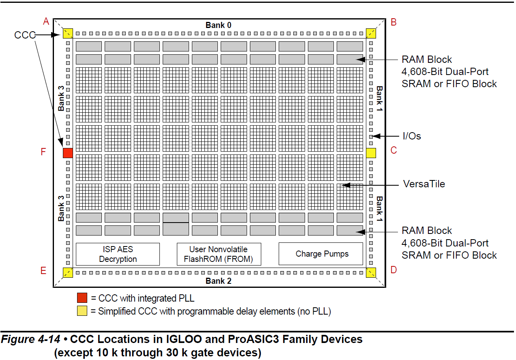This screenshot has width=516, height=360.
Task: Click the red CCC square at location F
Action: (68, 153)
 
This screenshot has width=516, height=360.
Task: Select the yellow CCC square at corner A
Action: (68, 33)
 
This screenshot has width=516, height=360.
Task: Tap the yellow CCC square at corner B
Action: (371, 33)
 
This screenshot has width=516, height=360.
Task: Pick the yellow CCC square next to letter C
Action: (371, 153)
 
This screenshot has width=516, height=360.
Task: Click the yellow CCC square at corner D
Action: (371, 272)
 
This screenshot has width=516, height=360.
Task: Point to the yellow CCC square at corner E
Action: (68, 272)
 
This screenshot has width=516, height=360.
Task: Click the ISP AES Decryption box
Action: (118, 254)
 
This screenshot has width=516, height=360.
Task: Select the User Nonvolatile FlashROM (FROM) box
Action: (219, 254)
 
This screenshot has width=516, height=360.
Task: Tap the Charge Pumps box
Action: (320, 254)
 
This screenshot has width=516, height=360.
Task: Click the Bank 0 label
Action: (218, 25)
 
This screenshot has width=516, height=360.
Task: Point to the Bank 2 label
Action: (218, 281)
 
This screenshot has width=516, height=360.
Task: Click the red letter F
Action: (43, 152)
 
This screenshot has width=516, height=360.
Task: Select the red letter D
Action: (393, 270)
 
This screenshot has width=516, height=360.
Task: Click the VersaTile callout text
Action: (424, 184)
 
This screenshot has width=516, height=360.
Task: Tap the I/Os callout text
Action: (412, 136)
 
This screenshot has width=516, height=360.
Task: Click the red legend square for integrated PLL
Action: (82, 298)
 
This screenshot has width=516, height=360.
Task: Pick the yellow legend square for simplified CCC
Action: (82, 311)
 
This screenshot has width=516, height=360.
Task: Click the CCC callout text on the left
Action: (25, 35)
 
